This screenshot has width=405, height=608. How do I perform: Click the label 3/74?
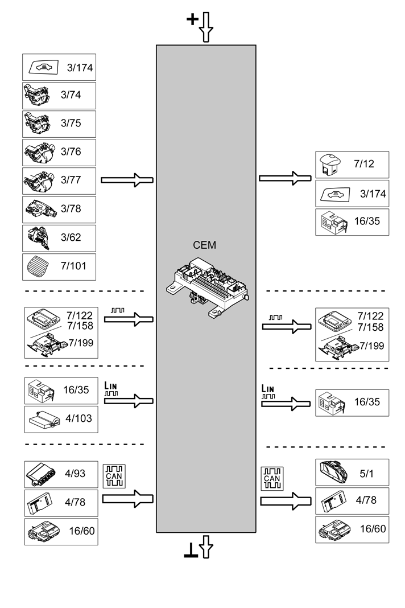[71, 95]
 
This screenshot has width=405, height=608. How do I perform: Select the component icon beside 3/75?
[37, 124]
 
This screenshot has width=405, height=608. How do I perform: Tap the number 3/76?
[71, 152]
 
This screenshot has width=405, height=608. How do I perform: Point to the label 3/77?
[71, 180]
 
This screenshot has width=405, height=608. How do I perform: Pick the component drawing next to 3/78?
[39, 209]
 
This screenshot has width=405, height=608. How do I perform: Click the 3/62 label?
[71, 237]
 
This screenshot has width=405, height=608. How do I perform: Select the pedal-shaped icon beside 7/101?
[38, 266]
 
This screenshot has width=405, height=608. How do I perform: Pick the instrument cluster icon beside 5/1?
[334, 472]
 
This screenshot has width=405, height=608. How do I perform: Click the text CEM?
[205, 245]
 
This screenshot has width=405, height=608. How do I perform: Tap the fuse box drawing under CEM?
[206, 285]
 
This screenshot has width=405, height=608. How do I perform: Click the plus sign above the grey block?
[193, 20]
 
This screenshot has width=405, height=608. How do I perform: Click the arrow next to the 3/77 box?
[127, 180]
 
